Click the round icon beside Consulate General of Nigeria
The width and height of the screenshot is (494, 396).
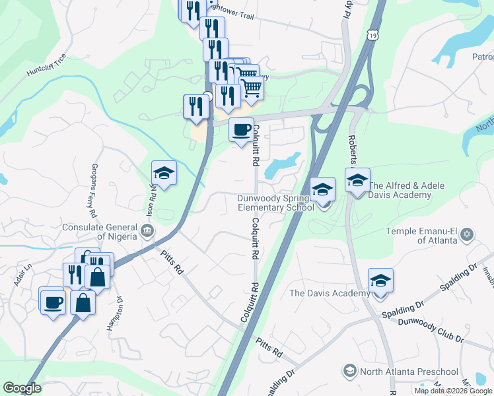[x=147, y=230]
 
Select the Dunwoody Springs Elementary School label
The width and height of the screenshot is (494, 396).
[x=276, y=203]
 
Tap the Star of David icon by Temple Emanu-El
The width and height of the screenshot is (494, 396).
[x=468, y=235]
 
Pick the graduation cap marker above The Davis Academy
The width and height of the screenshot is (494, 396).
[x=380, y=280]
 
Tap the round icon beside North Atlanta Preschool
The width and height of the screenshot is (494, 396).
[x=350, y=372]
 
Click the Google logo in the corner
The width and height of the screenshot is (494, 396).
[x=22, y=388]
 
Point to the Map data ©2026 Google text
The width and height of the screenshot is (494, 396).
[x=453, y=391]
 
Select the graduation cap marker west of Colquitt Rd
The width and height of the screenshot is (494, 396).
[x=164, y=174]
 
